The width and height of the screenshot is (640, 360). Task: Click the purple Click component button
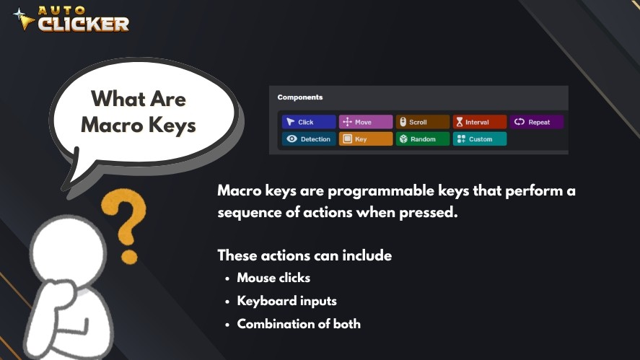[x=309, y=122]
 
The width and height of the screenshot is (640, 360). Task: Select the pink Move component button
[x=366, y=122]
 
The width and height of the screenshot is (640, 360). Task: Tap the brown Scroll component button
[x=423, y=122]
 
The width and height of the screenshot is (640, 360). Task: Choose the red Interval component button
[x=480, y=122]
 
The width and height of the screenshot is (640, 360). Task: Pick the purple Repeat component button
[x=536, y=122]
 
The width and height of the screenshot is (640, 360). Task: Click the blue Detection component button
[x=309, y=139]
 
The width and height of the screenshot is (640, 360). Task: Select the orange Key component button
[x=366, y=139]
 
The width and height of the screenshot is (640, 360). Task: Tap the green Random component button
[x=423, y=139]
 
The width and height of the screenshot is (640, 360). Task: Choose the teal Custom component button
[x=480, y=139]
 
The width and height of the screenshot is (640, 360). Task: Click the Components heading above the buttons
[x=300, y=97]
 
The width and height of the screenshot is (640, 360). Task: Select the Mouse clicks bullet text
[x=274, y=278]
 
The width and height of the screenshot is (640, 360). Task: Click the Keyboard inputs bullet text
[x=287, y=301]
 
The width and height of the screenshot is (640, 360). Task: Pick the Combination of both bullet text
[x=299, y=324]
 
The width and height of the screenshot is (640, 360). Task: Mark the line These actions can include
[x=305, y=255]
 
